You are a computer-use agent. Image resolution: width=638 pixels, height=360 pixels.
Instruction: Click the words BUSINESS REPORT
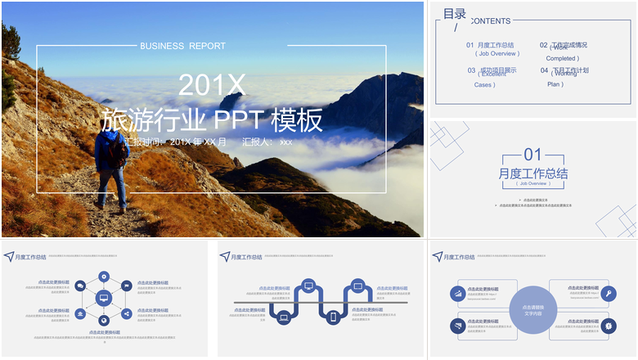tap(182, 46)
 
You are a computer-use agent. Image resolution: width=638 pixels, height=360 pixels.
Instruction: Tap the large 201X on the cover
tap(211, 84)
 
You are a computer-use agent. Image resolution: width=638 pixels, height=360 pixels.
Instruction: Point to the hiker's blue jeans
tap(113, 187)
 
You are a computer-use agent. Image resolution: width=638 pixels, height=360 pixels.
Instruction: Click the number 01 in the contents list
tap(470, 45)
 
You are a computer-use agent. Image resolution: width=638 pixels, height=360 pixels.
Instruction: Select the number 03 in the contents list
tap(471, 70)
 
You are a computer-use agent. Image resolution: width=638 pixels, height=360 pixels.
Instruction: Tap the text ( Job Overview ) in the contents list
tap(496, 53)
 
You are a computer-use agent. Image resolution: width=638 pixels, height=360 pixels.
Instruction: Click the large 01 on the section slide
tap(532, 155)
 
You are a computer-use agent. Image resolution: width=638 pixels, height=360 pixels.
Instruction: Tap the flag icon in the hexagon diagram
tap(127, 286)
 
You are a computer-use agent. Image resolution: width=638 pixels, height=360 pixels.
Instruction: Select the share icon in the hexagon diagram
tap(127, 313)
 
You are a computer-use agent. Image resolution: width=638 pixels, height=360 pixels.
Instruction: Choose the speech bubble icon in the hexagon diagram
tap(80, 286)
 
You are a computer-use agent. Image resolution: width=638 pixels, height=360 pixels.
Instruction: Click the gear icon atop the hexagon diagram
tap(104, 277)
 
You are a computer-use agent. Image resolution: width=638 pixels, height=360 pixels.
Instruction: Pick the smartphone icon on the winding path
tap(333, 317)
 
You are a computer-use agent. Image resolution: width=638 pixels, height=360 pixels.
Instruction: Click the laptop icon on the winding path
tap(284, 317)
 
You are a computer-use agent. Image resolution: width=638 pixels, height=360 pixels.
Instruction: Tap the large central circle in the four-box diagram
tap(532, 311)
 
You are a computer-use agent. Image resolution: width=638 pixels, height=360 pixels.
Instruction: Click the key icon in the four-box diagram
tap(609, 293)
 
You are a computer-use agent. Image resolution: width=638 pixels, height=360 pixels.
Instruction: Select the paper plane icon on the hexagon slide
tap(8, 256)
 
